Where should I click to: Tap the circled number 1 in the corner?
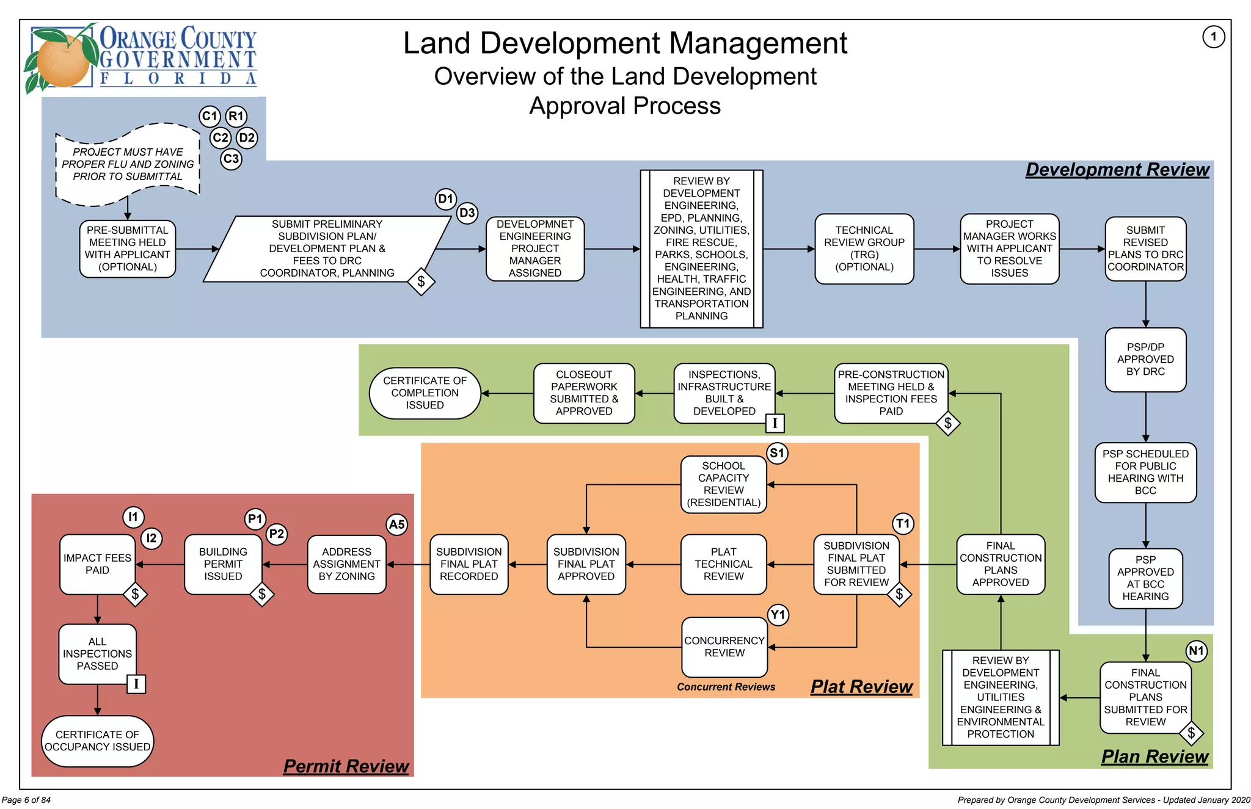pos(1213,37)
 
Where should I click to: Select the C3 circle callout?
pos(231,159)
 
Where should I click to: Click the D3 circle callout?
pos(467,213)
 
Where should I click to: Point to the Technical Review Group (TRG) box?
pos(864,249)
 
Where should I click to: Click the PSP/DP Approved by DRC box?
pos(1145,360)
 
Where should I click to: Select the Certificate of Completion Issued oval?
pos(425,393)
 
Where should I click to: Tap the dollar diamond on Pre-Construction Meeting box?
pos(947,423)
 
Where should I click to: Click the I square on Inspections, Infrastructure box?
pos(775,423)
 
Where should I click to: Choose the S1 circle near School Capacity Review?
pos(777,453)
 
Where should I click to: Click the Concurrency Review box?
pos(724,647)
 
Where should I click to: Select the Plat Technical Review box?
pos(723,564)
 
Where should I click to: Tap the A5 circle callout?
pos(396,524)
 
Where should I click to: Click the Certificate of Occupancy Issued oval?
pos(97,741)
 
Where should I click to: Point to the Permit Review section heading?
pos(346,766)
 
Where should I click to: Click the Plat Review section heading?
pos(861,687)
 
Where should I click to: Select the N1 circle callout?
pos(1196,651)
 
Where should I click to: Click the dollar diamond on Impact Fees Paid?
pos(135,594)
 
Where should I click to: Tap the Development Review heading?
pos(1117,170)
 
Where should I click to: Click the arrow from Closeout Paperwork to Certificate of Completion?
pos(507,393)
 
